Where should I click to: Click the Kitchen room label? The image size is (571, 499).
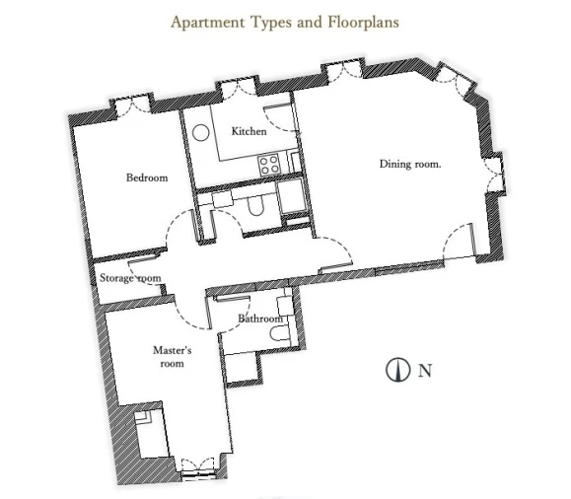pyautogui.click(x=250, y=131)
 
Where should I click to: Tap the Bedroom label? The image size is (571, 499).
pyautogui.click(x=147, y=178)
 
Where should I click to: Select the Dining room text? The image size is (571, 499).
pyautogui.click(x=410, y=164)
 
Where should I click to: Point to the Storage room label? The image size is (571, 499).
pyautogui.click(x=130, y=278)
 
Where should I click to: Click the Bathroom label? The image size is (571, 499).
pyautogui.click(x=260, y=319)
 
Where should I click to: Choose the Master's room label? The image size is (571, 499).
pyautogui.click(x=173, y=357)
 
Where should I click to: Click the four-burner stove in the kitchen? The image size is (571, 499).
pyautogui.click(x=269, y=165)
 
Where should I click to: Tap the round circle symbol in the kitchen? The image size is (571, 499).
pyautogui.click(x=200, y=133)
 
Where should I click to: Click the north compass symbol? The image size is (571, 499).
pyautogui.click(x=398, y=370)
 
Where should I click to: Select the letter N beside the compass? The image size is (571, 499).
pyautogui.click(x=425, y=371)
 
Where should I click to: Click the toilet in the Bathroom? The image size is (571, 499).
pyautogui.click(x=280, y=333)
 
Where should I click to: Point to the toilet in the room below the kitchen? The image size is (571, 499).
pyautogui.click(x=255, y=207)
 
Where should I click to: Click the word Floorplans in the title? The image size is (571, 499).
pyautogui.click(x=363, y=22)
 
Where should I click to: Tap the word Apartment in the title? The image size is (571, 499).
pyautogui.click(x=207, y=22)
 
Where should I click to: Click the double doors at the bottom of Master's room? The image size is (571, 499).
pyautogui.click(x=197, y=466)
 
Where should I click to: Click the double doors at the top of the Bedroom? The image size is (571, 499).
pyautogui.click(x=132, y=105)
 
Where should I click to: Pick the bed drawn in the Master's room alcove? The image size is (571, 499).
pyautogui.click(x=151, y=434)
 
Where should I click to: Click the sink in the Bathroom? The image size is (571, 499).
pyautogui.click(x=285, y=306)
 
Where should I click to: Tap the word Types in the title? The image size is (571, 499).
pyautogui.click(x=271, y=23)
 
